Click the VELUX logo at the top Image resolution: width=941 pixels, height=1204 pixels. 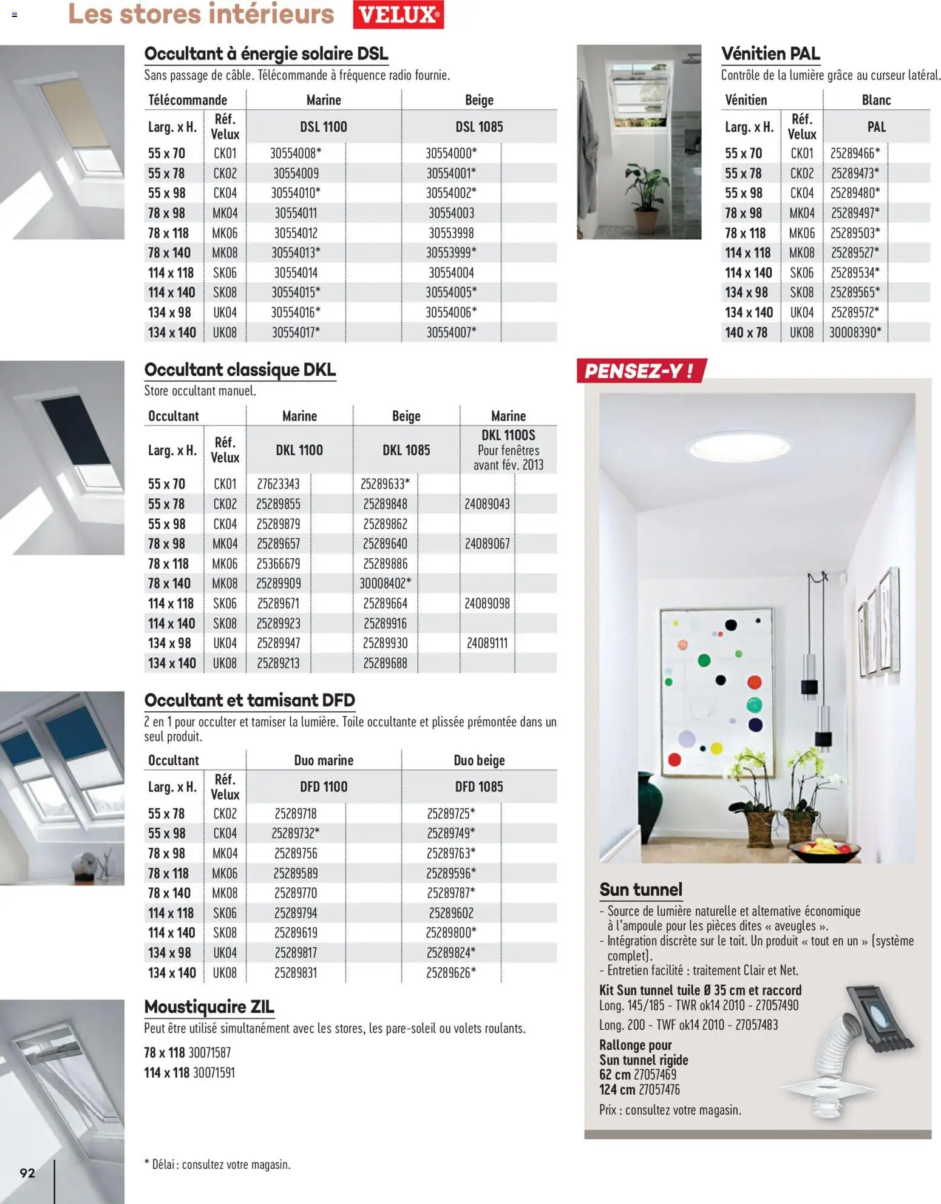pos(398,15)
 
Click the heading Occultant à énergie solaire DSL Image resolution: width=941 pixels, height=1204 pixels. pos(266,53)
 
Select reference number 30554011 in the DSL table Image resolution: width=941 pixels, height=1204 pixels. pos(296,213)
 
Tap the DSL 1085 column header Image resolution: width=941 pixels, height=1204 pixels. pos(479,127)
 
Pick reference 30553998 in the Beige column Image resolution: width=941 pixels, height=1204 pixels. pos(451,233)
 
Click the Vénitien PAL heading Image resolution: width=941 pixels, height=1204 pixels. pos(770,53)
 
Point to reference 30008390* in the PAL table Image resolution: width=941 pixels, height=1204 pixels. pos(855,333)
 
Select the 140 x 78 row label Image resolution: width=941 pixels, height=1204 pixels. pos(746,333)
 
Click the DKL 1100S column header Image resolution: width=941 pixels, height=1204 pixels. pos(508,435)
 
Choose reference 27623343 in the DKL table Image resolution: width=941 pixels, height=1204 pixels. pos(278,484)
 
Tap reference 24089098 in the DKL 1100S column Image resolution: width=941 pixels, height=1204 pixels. pos(487,604)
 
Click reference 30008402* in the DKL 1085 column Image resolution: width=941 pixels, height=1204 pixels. pos(385,583)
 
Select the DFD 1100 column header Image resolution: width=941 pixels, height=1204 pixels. pos(324,787)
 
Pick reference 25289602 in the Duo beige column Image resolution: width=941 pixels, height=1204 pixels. pos(451,913)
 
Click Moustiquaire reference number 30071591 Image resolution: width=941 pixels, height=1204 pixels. pos(214,1073)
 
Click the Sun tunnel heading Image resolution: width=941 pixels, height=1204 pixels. pos(640,890)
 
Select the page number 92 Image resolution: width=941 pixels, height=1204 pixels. pos(27,1173)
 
